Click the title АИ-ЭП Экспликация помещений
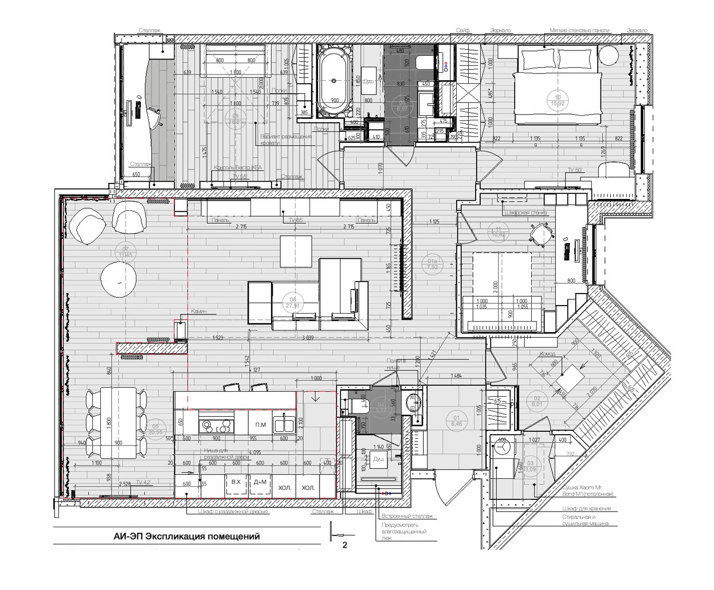pos(186,537)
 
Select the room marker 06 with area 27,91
pos(293,303)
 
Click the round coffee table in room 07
pos(119,279)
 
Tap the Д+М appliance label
pos(260,482)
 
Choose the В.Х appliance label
pos(235,482)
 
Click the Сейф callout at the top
pos(462,30)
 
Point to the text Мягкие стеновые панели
pos(579,30)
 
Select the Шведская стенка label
pos(525,213)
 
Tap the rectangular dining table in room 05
pos(117,422)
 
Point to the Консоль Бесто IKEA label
pos(234,167)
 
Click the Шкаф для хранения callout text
pos(586,508)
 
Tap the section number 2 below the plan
pos(345,546)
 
